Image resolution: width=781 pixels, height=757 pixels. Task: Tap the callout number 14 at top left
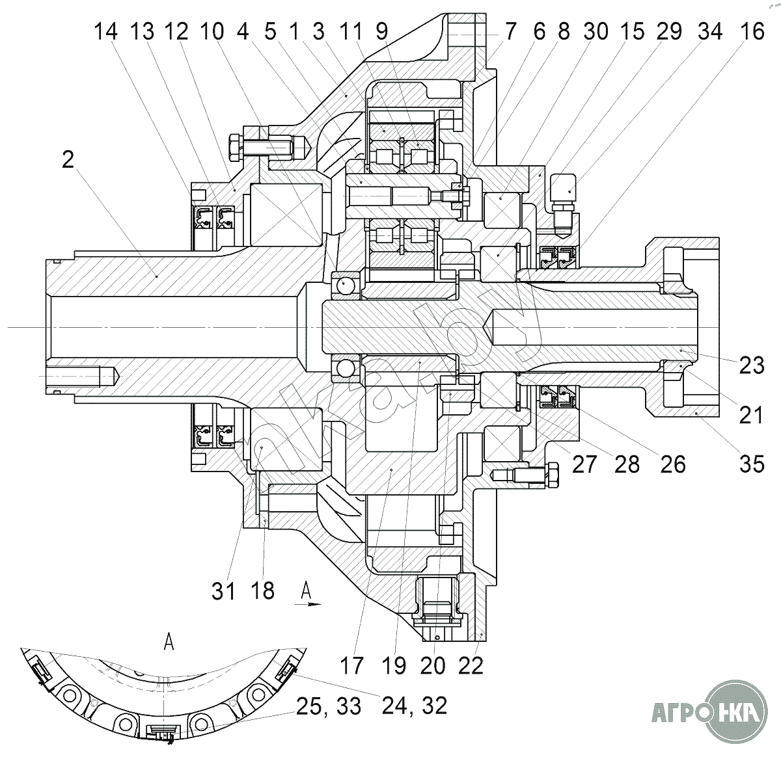106,31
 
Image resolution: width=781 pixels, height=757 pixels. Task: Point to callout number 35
752,464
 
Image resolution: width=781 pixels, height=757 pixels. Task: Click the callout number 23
752,365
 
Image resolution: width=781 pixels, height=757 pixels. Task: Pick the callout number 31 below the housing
223,591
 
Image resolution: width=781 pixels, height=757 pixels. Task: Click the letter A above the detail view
169,641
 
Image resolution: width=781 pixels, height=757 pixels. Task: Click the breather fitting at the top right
563,203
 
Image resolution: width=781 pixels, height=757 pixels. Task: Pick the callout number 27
584,464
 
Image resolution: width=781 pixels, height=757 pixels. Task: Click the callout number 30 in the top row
596,31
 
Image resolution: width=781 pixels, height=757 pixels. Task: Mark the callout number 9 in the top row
381,31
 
